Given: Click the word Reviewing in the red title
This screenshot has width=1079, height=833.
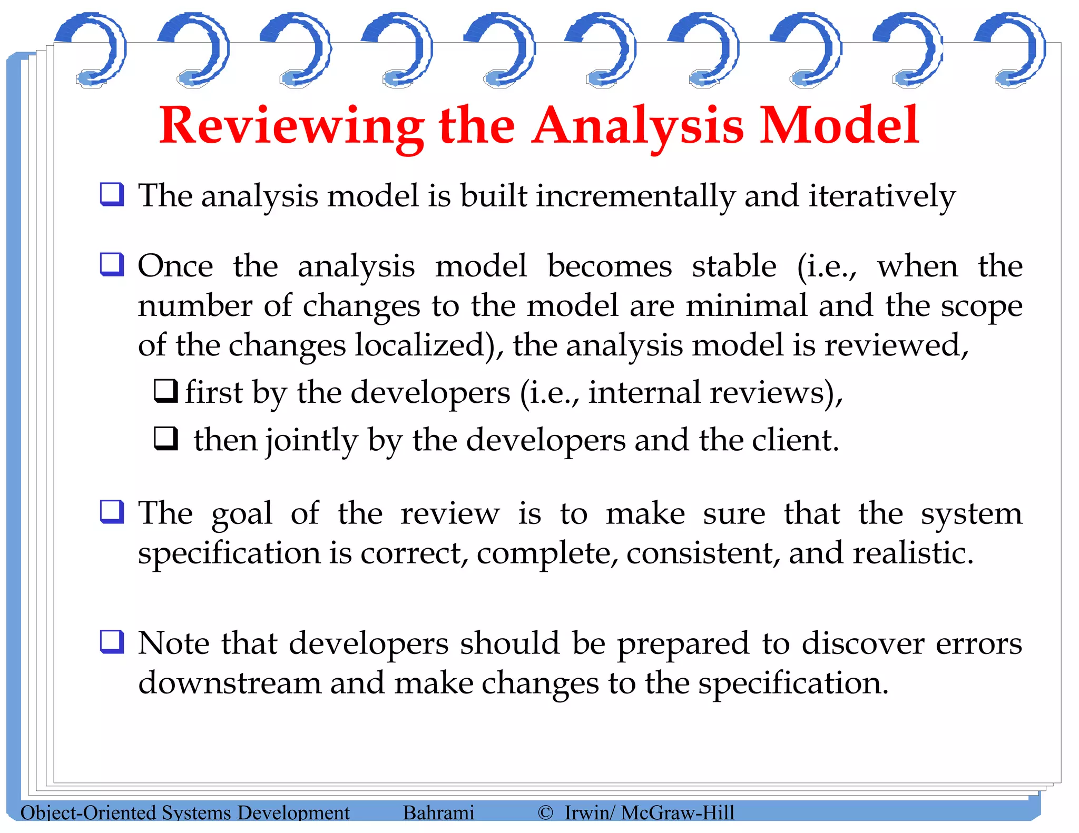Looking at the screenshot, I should [x=291, y=126].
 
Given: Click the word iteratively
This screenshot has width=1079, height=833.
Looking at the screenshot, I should [x=881, y=196].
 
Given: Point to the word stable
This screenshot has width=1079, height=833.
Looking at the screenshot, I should [x=734, y=266].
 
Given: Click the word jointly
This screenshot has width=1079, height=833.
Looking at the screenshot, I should [x=311, y=440].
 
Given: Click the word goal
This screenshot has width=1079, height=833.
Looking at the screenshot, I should [x=242, y=514].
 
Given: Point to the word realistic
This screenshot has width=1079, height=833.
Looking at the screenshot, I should [x=913, y=553].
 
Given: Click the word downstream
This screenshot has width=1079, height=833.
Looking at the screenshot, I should [x=229, y=683].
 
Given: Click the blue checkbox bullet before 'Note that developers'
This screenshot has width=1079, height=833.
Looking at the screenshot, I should [x=112, y=642].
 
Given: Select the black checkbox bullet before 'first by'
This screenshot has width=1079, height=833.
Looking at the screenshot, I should [x=165, y=391].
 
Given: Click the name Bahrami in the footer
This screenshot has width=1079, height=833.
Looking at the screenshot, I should [x=438, y=812].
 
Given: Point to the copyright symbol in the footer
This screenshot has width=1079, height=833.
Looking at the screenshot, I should [x=545, y=812].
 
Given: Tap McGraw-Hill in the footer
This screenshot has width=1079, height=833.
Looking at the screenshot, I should [x=678, y=812].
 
